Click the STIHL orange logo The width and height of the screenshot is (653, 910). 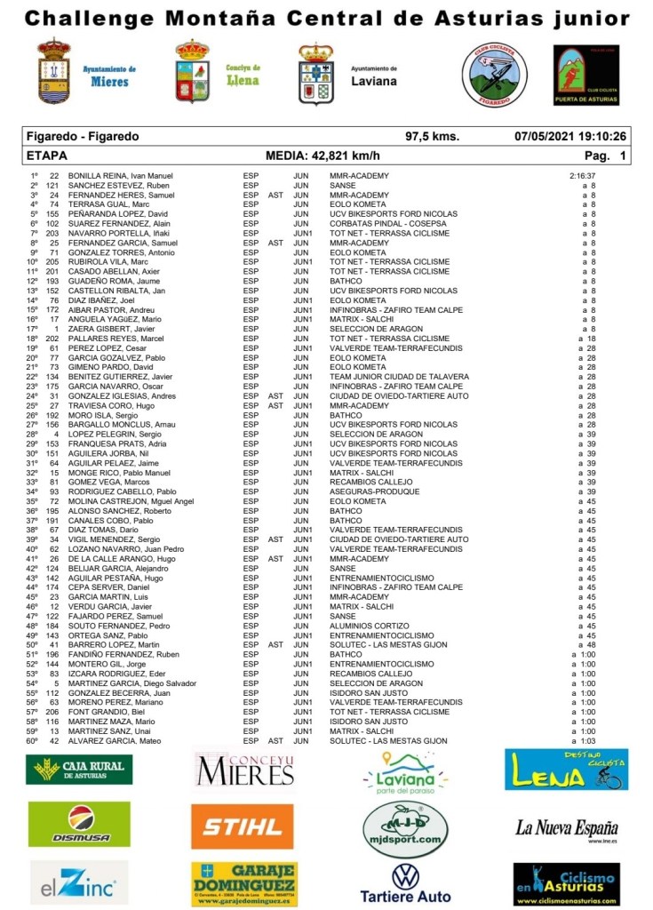click(x=242, y=826)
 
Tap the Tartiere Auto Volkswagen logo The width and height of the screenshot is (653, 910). click(x=405, y=882)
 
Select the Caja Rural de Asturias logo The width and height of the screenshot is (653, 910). click(x=79, y=770)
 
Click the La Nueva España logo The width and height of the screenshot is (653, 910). click(x=566, y=828)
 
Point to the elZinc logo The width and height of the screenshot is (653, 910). click(x=78, y=883)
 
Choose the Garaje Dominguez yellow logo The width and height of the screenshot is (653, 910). click(x=243, y=883)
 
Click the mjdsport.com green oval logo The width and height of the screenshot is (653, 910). click(x=405, y=826)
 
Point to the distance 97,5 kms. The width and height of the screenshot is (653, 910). click(x=432, y=137)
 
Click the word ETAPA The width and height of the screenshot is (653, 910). click(x=47, y=156)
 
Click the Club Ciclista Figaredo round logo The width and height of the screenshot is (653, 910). click(x=494, y=76)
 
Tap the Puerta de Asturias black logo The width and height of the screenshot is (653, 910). click(x=586, y=76)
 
